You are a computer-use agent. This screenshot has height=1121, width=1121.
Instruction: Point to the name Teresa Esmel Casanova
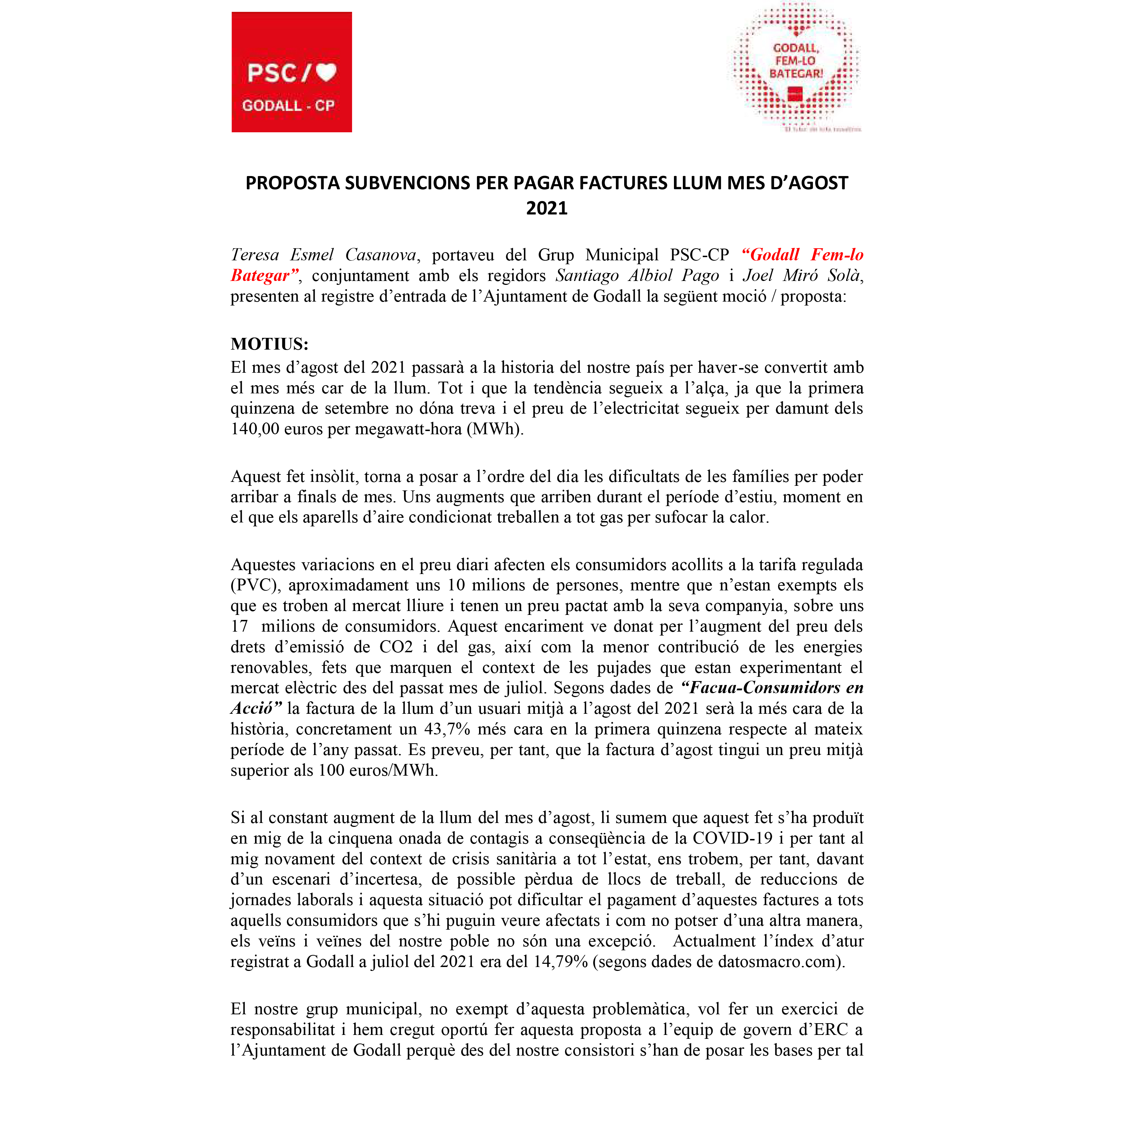point(323,255)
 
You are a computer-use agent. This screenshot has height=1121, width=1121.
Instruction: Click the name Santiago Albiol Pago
point(637,276)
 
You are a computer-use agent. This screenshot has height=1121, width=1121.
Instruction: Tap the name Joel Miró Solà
point(802,276)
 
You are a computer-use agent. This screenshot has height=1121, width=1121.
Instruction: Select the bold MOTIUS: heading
point(269,344)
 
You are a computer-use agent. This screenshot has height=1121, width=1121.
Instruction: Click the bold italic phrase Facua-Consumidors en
point(772,688)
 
